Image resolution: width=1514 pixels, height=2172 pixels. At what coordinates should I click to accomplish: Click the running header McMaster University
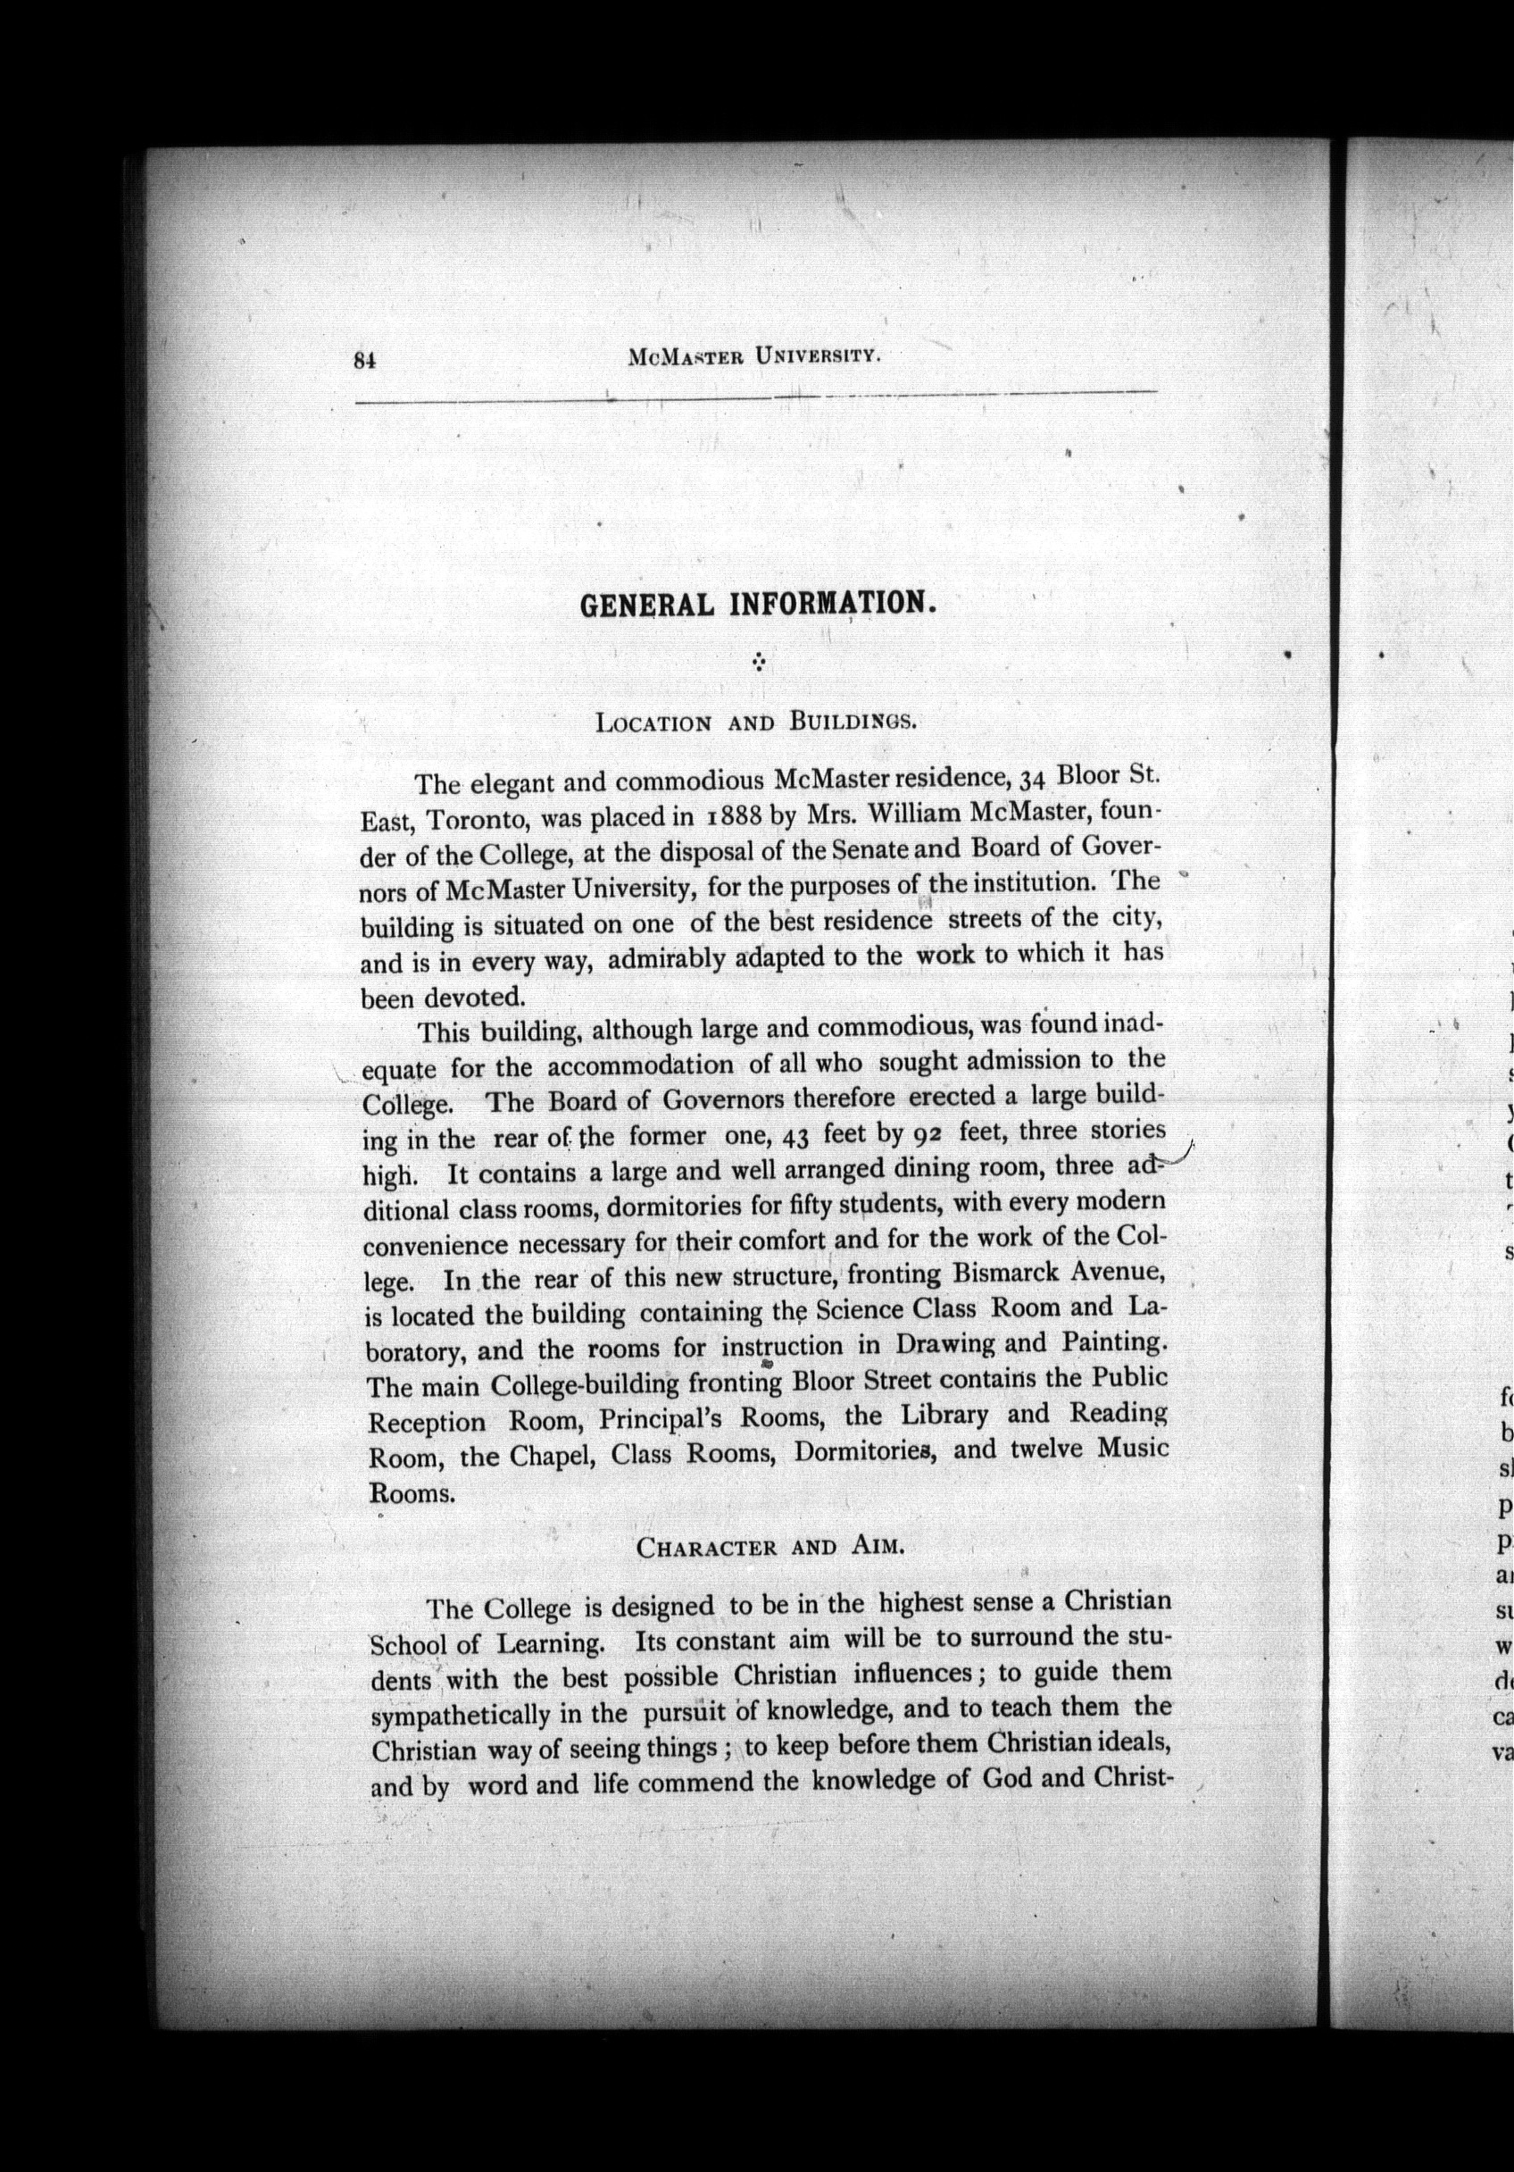coord(753,356)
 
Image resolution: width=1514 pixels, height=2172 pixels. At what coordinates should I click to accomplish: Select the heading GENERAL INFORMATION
coord(758,605)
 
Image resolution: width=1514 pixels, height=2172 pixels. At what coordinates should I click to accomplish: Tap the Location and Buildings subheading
coord(755,723)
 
